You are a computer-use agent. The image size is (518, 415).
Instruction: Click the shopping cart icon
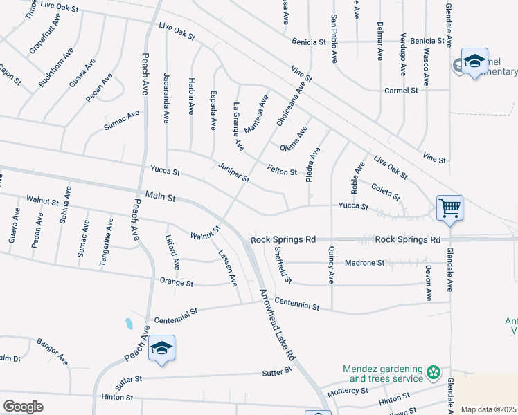[449, 207]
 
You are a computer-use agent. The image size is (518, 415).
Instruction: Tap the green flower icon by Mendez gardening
[434, 373]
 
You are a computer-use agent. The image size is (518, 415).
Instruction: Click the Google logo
[23, 407]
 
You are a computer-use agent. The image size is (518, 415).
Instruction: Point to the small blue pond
[129, 323]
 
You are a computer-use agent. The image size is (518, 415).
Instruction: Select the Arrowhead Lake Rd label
[278, 324]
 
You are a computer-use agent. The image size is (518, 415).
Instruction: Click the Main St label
[161, 197]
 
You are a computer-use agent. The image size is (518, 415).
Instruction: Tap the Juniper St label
[233, 173]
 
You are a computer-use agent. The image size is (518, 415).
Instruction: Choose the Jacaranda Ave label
[166, 98]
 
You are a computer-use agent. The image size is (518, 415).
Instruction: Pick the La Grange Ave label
[238, 127]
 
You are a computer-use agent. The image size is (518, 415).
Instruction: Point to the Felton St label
[283, 171]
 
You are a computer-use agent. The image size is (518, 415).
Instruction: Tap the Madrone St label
[364, 263]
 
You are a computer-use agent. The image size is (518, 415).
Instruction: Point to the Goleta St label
[386, 191]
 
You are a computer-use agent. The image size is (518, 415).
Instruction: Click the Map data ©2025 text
[488, 409]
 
